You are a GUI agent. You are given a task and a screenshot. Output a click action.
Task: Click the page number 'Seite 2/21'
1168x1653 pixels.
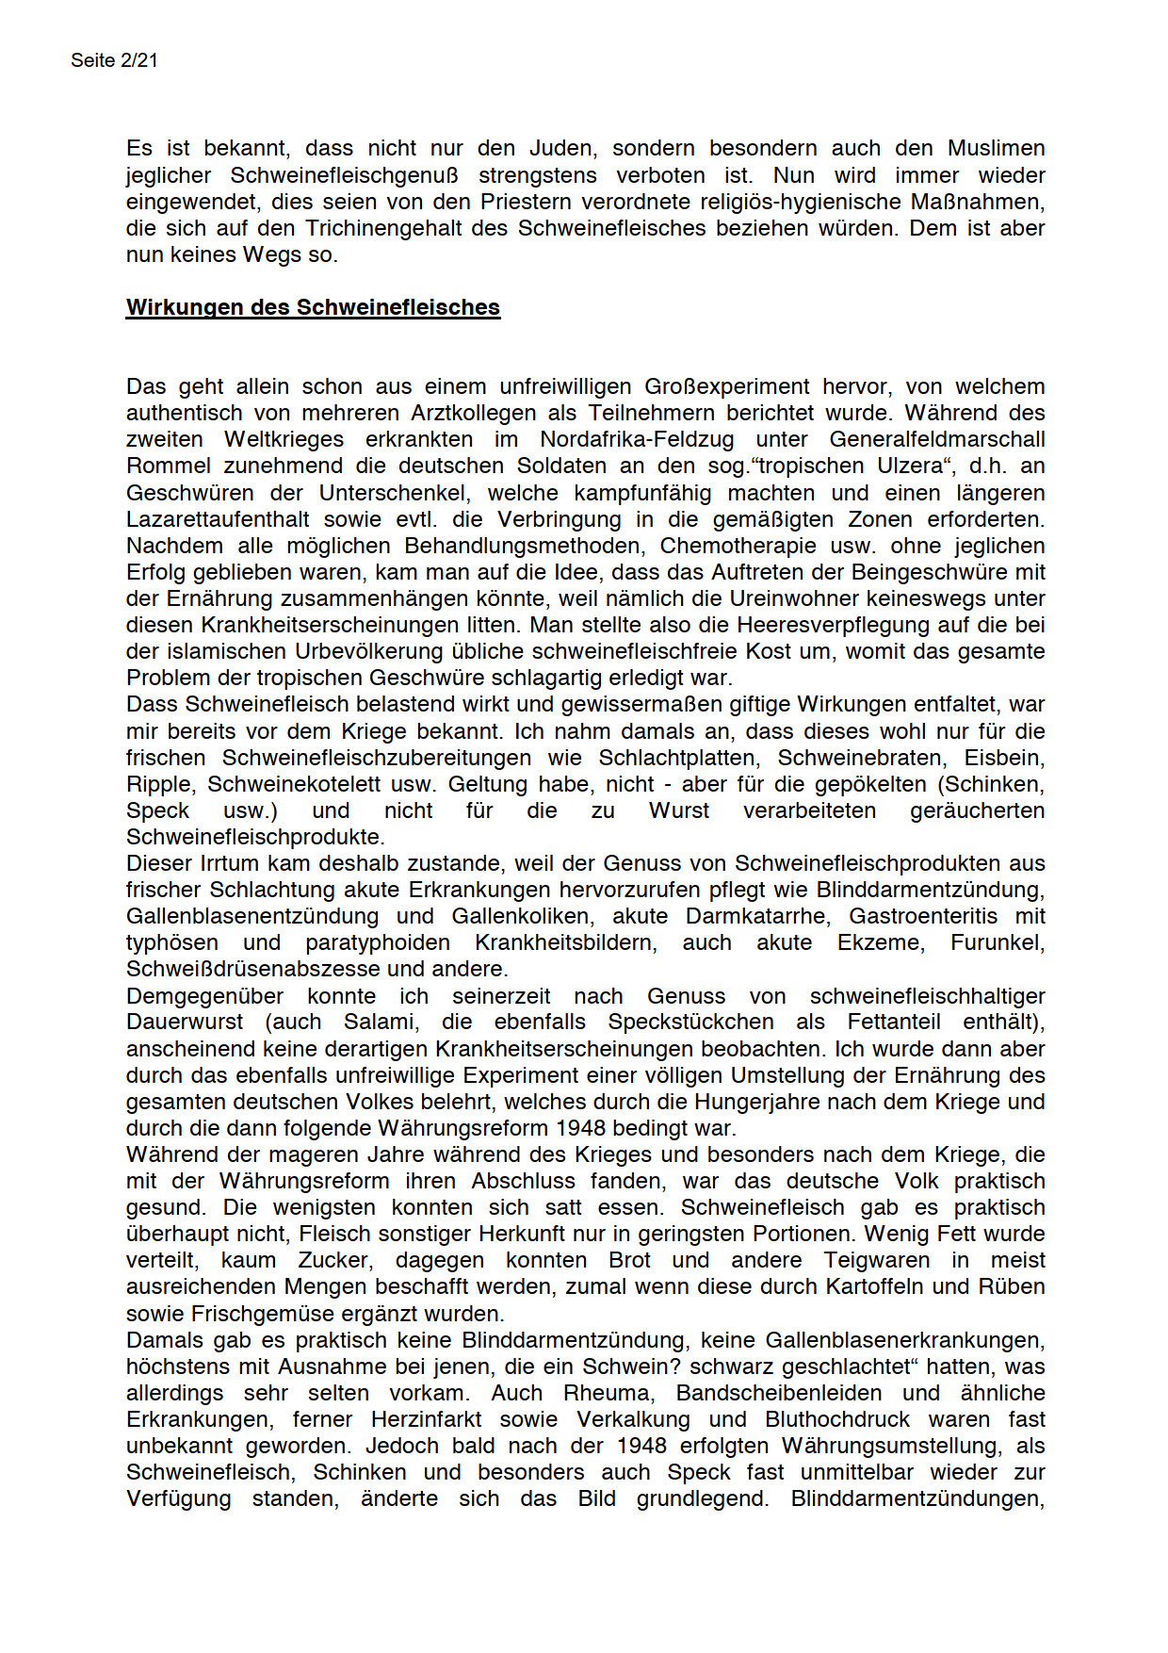click(114, 60)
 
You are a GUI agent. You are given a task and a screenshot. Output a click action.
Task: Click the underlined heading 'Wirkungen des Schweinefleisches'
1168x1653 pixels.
click(313, 307)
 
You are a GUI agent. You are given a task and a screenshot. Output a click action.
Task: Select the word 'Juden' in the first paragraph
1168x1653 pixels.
click(561, 148)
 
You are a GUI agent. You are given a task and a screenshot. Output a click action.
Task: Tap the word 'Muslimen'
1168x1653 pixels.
click(996, 148)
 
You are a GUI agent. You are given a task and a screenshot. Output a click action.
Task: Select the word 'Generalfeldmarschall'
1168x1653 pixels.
click(936, 439)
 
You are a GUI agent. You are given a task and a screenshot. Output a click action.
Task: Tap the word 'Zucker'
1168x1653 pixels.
click(334, 1260)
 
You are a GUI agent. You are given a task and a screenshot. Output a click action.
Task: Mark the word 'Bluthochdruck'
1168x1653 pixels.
click(837, 1419)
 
